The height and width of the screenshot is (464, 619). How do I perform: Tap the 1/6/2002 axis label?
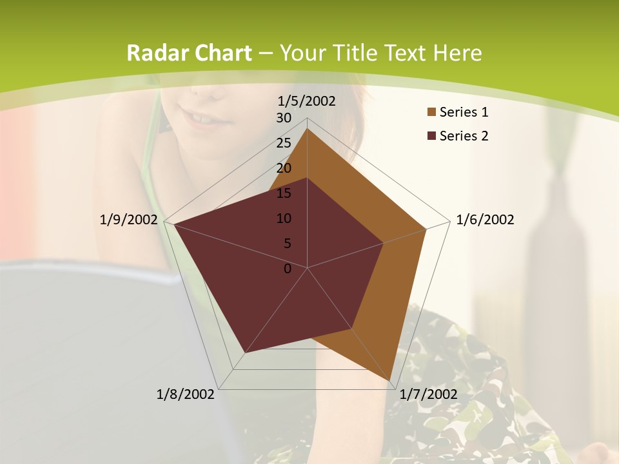[x=485, y=220]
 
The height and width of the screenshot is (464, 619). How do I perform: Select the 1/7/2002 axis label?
[x=428, y=394]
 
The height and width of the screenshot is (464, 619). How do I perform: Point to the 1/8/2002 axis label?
[x=186, y=394]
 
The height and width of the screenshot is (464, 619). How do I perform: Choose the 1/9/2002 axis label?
[x=129, y=220]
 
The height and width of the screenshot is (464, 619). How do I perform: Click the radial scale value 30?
[x=284, y=118]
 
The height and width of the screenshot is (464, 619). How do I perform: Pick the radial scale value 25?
[x=284, y=143]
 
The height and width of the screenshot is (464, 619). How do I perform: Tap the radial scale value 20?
[x=284, y=168]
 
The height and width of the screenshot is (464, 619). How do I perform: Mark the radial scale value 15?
[x=284, y=193]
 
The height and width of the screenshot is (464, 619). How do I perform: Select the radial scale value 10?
[x=284, y=218]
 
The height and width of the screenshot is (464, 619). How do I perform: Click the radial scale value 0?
[x=288, y=269]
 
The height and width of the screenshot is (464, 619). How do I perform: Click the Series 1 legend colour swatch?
[x=431, y=113]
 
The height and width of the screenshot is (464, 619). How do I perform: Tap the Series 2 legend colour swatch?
[x=431, y=136]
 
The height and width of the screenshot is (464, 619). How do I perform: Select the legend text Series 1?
[x=464, y=112]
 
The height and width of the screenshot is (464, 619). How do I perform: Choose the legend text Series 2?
[x=464, y=136]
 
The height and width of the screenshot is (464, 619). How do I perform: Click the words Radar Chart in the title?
[x=189, y=53]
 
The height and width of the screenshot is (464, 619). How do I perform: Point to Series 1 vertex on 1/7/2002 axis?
[x=389, y=380]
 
